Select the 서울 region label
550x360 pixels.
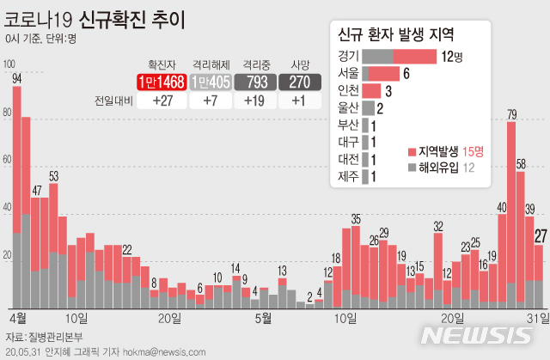click(x=348, y=73)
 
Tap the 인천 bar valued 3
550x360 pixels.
click(x=371, y=90)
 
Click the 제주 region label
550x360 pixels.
click(x=348, y=177)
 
